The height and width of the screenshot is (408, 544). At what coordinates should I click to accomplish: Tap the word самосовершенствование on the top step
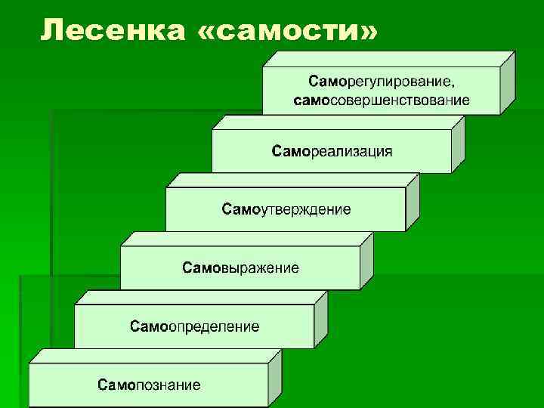pos(381,100)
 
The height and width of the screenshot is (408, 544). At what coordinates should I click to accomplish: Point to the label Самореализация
pos(332,151)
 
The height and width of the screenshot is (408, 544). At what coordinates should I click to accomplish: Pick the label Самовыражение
pos(240,267)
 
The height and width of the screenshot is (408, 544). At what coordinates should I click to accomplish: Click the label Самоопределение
pos(194,326)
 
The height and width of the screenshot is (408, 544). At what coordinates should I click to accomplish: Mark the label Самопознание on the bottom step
pos(149,385)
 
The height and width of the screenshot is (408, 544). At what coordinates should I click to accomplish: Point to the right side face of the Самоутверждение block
pos(412,202)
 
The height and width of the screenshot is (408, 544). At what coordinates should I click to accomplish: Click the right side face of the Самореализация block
pos(458,144)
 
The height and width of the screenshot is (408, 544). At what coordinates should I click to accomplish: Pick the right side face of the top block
pos(507,83)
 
